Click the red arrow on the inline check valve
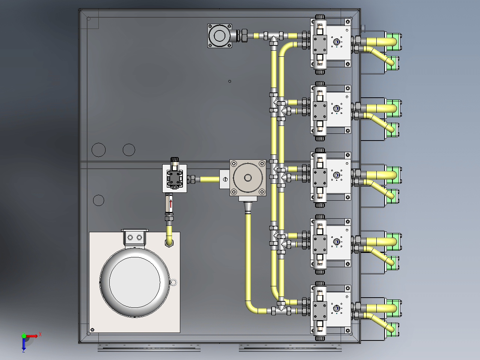[x=171, y=204]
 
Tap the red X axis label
[x=40, y=334]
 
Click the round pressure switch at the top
[x=219, y=36]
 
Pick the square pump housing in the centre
[x=248, y=178]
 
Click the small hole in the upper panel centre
[x=230, y=81]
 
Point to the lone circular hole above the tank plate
[x=98, y=200]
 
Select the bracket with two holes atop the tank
[x=135, y=237]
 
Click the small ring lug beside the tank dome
[x=173, y=282]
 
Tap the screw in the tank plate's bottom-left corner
[x=92, y=330]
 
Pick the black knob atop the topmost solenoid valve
[x=320, y=17]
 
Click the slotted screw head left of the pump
[x=225, y=179]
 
